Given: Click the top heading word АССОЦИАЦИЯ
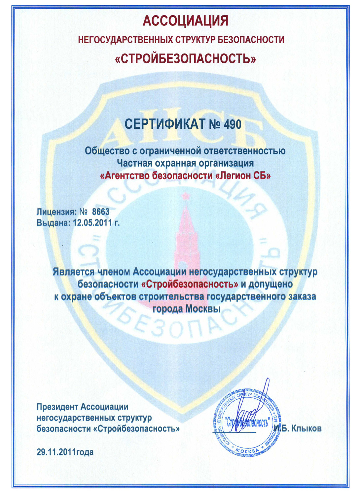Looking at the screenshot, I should click(185, 21).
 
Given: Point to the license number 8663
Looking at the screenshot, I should click(101, 211).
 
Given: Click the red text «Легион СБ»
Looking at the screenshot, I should click(243, 176).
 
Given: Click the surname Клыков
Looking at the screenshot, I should click(306, 429).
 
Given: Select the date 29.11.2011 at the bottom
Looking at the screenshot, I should click(56, 452).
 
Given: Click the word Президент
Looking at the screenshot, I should click(57, 407).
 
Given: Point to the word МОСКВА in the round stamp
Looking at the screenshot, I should click(248, 450).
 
